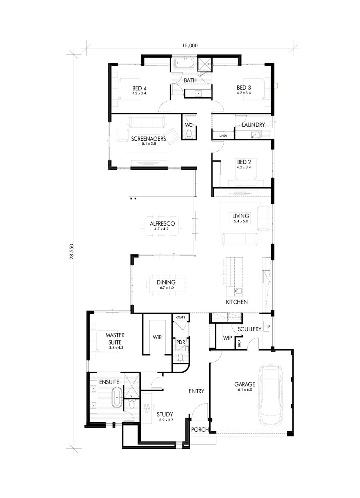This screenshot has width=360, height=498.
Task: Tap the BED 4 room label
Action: (x=139, y=88)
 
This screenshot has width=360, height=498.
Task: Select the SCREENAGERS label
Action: (x=148, y=139)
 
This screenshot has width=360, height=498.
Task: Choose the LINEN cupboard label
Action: (x=223, y=136)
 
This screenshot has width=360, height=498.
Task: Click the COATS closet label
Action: (x=180, y=317)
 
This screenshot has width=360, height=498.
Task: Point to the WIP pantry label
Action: (x=227, y=338)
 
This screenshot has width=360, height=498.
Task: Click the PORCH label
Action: (x=200, y=430)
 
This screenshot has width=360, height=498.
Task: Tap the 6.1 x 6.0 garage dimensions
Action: (x=244, y=390)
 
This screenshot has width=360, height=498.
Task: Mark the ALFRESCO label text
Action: (x=162, y=224)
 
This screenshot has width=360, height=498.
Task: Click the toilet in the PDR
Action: (x=180, y=358)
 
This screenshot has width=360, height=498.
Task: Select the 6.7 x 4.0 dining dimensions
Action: (x=166, y=288)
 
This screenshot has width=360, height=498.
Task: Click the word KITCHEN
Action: (x=236, y=302)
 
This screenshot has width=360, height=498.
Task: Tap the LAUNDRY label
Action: (x=253, y=125)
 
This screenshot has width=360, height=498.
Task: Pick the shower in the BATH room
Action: (x=205, y=64)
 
